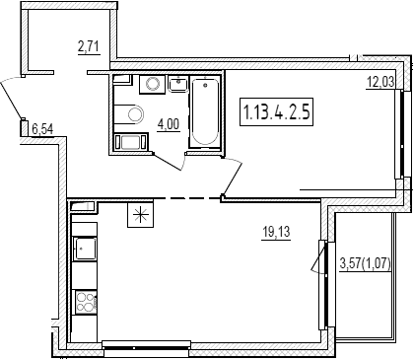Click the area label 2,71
pyautogui.click(x=89, y=47)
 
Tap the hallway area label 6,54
pyautogui.click(x=42, y=128)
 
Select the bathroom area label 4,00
pyautogui.click(x=169, y=125)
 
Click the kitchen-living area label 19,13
pyautogui.click(x=276, y=233)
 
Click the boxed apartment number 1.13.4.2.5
pyautogui.click(x=276, y=111)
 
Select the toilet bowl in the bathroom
pyautogui.click(x=129, y=114)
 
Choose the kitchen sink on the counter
pyautogui.click(x=86, y=249)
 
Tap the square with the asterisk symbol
pyautogui.click(x=141, y=215)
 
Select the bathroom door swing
pyautogui.click(x=171, y=163)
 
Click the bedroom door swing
pyautogui.click(x=233, y=178)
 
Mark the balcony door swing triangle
pyautogui.click(x=317, y=258)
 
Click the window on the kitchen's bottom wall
pyautogui.click(x=146, y=347)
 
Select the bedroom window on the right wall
pyautogui.click(x=401, y=134)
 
